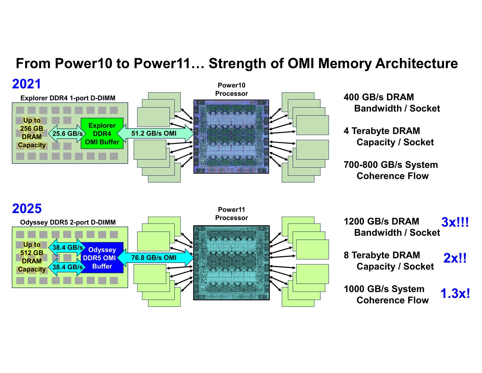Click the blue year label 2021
pos(26,84)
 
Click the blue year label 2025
pos(27,209)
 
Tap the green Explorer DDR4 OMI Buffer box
pos(102,133)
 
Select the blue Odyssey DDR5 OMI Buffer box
pos(102,258)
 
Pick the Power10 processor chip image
pos(231,137)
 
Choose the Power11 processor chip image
pos(231,263)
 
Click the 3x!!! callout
pos(455,222)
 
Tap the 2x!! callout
pos(455,258)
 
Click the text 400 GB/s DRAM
pos(379,97)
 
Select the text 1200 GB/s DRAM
pos(381,221)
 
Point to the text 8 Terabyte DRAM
pos(382,255)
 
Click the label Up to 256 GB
pos(32,124)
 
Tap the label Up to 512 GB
pos(32,249)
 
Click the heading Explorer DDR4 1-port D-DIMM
pos(68,98)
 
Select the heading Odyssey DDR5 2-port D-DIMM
pos(68,222)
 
